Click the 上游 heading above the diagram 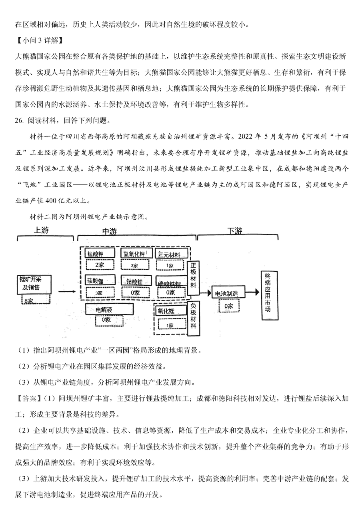pyautogui.click(x=41, y=230)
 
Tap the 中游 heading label pyautogui.click(x=110, y=231)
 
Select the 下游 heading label pyautogui.click(x=235, y=230)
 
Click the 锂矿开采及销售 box pyautogui.click(x=34, y=285)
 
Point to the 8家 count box pyautogui.click(x=36, y=299)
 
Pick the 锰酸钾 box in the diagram pyautogui.click(x=100, y=253)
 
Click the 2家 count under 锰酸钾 pyautogui.click(x=100, y=265)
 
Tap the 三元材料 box pyautogui.click(x=171, y=253)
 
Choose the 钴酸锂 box pyautogui.click(x=136, y=281)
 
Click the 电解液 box pyautogui.click(x=109, y=309)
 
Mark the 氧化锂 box pyautogui.click(x=171, y=311)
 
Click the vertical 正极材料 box pyautogui.click(x=193, y=278)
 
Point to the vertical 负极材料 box pyautogui.click(x=193, y=319)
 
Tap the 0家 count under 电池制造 pyautogui.click(x=229, y=306)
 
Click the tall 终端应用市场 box pyautogui.click(x=270, y=295)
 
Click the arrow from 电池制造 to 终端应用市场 pyautogui.click(x=252, y=292)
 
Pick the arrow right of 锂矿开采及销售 pyautogui.click(x=67, y=291)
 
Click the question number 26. pyautogui.click(x=19, y=121)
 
